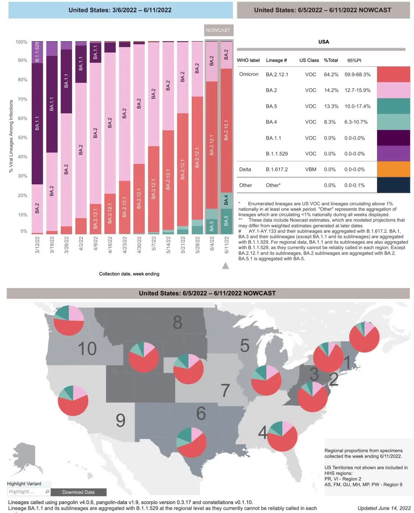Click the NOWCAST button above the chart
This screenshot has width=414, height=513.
click(218, 30)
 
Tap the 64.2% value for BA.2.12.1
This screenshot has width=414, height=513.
click(331, 75)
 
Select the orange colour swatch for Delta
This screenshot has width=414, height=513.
click(393, 169)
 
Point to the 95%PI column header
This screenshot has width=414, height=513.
click(354, 60)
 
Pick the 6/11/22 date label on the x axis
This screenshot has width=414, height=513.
click(226, 245)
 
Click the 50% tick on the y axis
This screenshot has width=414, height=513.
click(22, 137)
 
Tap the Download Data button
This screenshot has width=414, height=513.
click(78, 492)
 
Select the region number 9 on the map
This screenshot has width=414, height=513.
click(120, 420)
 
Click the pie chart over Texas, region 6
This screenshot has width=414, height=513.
click(191, 442)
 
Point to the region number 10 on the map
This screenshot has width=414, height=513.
click(87, 348)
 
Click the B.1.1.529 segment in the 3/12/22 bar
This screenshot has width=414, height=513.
click(37, 52)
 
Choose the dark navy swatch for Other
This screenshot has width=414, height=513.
click(393, 185)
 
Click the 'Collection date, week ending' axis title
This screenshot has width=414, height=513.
click(129, 274)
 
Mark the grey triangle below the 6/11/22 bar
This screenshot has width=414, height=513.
click(226, 266)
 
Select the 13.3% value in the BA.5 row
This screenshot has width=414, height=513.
click(331, 106)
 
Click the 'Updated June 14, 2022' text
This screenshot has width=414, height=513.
click(384, 508)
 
